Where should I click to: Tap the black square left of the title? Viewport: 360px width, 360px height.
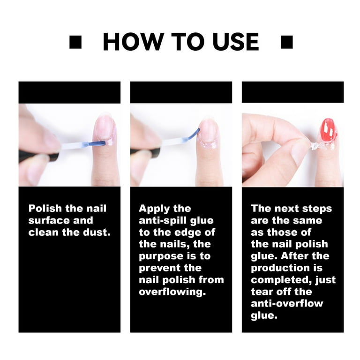coord(75,43)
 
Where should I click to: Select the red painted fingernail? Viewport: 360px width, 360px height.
coord(328,130)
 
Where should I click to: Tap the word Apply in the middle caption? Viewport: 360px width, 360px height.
coord(154,209)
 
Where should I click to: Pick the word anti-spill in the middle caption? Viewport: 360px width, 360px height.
coord(162,220)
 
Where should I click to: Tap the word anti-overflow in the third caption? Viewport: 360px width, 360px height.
coord(287,303)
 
